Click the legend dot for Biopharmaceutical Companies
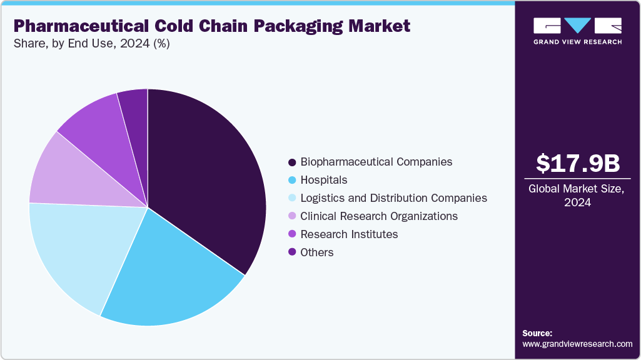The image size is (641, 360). coord(292,162)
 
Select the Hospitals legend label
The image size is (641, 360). coord(323,180)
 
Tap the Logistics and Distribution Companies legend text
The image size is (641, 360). coord(393,198)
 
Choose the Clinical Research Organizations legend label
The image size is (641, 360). coord(379,216)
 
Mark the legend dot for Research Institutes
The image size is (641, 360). coord(292,235)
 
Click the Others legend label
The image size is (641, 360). coord(317,252)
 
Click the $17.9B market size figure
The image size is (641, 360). coord(578,163)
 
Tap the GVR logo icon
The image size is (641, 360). coord(577,26)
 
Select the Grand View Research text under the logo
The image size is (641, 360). coord(577,42)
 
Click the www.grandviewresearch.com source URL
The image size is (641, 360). coord(577,344)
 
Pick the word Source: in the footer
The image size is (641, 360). coord(537,333)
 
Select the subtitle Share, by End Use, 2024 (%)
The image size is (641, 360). coord(91,44)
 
